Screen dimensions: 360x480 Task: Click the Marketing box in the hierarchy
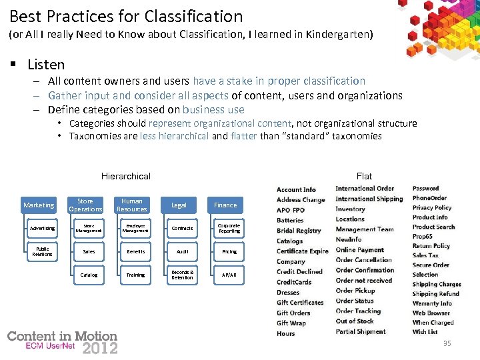(x=39, y=205)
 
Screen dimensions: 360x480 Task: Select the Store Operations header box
(x=85, y=205)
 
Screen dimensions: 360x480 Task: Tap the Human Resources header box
(x=132, y=205)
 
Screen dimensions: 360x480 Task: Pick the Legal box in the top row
(x=179, y=205)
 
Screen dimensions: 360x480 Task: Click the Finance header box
(x=225, y=205)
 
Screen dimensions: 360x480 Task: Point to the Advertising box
(x=42, y=229)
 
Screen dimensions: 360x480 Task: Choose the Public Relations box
(x=42, y=252)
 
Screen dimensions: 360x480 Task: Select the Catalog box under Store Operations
(x=89, y=275)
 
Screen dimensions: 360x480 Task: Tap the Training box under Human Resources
(x=135, y=275)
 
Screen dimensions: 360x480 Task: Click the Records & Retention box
(x=182, y=275)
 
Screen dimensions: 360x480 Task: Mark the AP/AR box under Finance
(x=229, y=275)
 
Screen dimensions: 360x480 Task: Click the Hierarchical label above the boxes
(x=126, y=177)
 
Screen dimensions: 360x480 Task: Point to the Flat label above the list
(x=364, y=177)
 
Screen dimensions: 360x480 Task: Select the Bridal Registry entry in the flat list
(x=299, y=231)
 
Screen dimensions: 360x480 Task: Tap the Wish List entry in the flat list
(x=425, y=331)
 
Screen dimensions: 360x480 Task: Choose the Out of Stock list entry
(x=355, y=321)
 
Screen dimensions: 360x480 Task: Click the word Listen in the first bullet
(x=46, y=65)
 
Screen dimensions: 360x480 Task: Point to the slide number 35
(x=446, y=343)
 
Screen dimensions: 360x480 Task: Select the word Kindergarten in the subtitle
(x=339, y=33)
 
